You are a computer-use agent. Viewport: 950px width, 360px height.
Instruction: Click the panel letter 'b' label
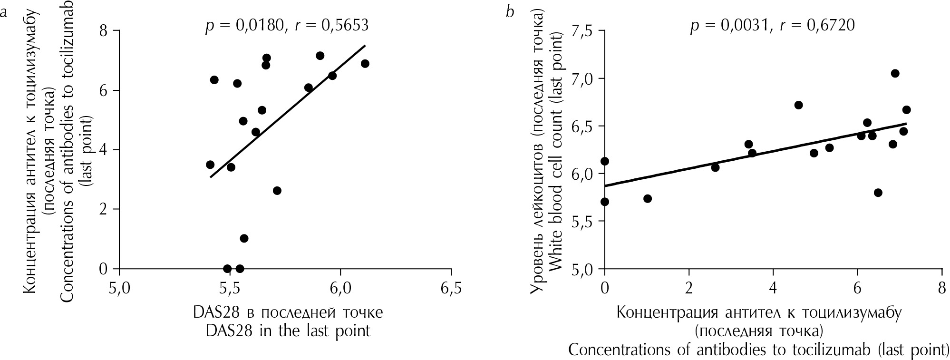511,12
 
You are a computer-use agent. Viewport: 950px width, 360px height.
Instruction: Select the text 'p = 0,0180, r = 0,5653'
287,25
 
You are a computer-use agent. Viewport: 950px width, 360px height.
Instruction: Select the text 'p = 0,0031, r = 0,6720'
773,25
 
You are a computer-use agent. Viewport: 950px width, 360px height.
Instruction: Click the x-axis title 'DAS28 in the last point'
288,331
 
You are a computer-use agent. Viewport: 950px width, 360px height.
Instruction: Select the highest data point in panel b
895,73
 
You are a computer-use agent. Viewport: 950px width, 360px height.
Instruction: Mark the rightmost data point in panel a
365,64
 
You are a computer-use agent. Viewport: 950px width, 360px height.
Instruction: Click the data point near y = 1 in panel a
244,238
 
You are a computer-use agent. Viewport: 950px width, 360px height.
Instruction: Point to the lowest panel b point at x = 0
605,202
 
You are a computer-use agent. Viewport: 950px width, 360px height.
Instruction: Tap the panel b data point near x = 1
647,198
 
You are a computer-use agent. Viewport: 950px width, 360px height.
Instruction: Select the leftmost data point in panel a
210,165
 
